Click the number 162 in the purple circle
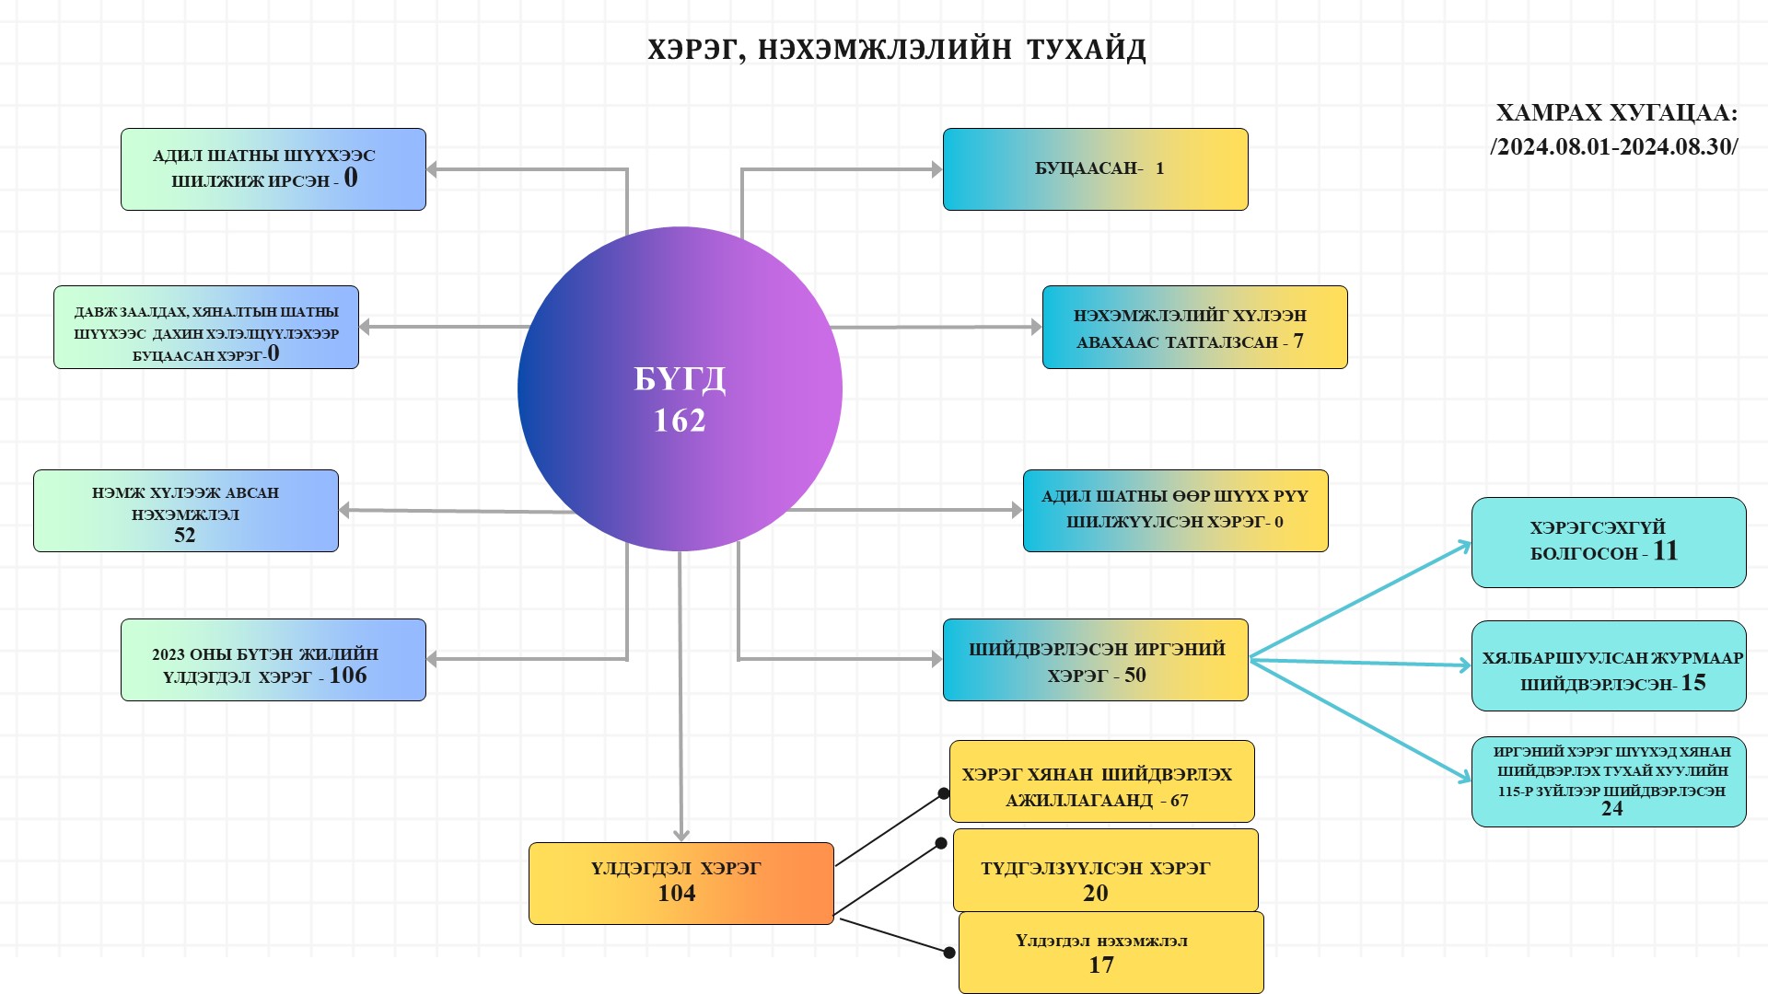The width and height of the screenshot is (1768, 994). point(680,421)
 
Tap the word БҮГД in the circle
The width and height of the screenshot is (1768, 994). point(680,378)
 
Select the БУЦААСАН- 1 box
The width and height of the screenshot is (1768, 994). point(1095,169)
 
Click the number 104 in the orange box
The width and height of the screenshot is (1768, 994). point(677,893)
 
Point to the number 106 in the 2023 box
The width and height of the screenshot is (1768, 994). point(348,676)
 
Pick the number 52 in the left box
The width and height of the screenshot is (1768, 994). point(185,536)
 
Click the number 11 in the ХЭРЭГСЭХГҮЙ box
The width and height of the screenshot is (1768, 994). point(1666,551)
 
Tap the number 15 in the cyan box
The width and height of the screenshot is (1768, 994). point(1693,683)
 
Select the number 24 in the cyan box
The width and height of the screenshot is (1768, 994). point(1611,809)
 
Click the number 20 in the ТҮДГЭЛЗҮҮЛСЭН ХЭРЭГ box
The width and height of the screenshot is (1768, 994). point(1095,893)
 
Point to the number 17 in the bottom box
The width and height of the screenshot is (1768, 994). point(1101,965)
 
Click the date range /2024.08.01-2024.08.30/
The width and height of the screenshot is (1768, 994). point(1614,147)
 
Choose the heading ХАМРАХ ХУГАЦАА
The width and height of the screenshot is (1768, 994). point(1616,113)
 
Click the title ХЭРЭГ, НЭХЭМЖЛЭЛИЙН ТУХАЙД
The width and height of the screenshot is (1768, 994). point(896,49)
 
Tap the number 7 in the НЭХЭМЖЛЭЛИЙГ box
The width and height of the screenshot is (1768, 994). point(1298,341)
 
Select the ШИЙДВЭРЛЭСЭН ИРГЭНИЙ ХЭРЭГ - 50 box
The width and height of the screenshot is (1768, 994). point(1095,660)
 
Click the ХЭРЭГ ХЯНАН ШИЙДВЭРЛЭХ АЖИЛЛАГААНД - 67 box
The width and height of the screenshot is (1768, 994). point(1101,781)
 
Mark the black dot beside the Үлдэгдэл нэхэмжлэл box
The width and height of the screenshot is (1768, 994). point(949,953)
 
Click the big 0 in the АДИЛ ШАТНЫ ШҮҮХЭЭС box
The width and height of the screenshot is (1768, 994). point(351,178)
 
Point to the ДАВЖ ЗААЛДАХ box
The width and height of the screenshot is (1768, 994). point(206,328)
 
